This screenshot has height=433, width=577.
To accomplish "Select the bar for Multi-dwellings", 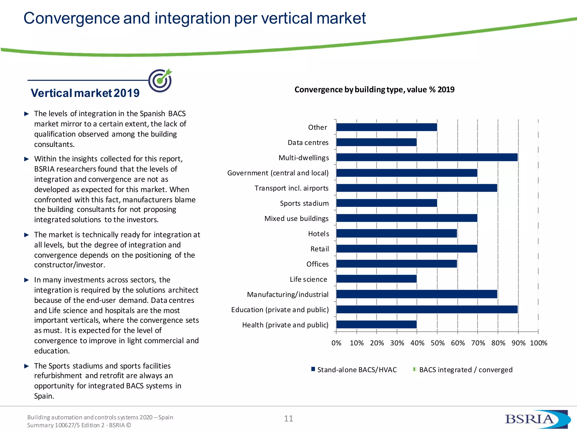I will click(427, 157).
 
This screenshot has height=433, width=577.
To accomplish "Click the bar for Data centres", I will click(376, 142).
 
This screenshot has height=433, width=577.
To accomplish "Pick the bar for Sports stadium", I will click(387, 203).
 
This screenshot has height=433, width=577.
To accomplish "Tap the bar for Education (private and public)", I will click(427, 310).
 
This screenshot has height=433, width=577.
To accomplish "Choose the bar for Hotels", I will click(397, 233).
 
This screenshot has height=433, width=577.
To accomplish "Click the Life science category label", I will click(309, 279).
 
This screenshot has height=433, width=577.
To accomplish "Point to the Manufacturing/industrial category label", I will click(288, 295).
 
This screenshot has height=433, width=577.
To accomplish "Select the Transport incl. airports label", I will click(292, 188).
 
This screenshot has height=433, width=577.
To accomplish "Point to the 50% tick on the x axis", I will click(437, 343).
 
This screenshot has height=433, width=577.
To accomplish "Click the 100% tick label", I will click(538, 343).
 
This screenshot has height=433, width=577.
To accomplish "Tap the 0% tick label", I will click(336, 343).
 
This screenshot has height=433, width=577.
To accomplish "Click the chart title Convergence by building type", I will click(374, 90).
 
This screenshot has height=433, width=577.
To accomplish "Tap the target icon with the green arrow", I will click(160, 80).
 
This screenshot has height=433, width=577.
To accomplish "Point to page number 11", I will click(288, 419).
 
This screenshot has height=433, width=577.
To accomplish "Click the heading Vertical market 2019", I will click(85, 93).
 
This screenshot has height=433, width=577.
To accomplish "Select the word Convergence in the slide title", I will click(72, 18).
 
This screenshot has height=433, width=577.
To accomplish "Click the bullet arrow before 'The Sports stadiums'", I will click(27, 366).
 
